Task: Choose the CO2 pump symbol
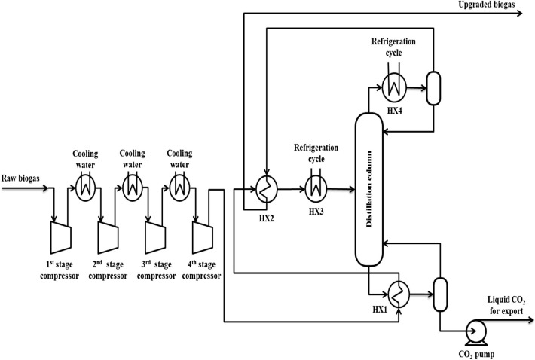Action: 475,329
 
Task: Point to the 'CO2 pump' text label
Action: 475,350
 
